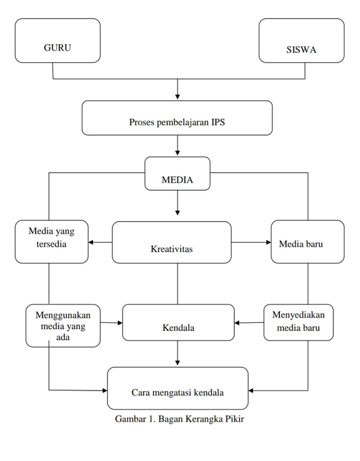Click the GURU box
click(57, 41)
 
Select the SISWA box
click(301, 41)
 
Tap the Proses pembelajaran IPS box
click(177, 118)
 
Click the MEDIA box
click(177, 174)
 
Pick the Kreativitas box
click(172, 242)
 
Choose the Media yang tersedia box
click(52, 241)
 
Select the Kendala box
click(178, 323)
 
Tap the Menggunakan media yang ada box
click(63, 325)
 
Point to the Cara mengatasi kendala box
click(178, 388)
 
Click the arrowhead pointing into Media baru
click(268, 243)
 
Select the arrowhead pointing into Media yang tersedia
click(92, 243)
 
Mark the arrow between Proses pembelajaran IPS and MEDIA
click(178, 146)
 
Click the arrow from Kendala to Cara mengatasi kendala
click(178, 353)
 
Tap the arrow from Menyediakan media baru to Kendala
click(249, 323)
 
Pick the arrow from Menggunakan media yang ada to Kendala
click(111, 323)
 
